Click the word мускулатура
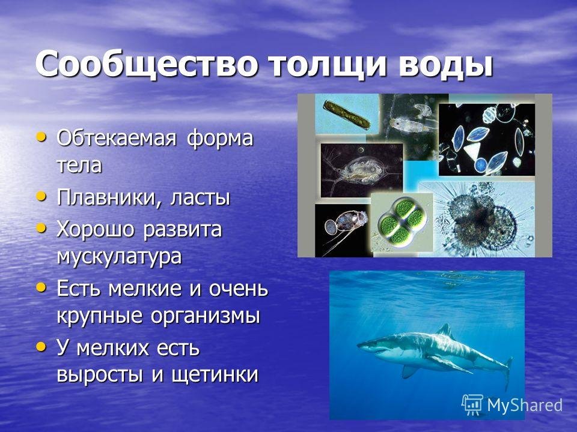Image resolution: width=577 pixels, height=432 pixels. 119,256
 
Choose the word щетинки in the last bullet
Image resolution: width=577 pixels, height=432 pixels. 214,374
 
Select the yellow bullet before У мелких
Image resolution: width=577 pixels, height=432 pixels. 41,347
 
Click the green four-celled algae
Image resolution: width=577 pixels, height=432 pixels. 401,223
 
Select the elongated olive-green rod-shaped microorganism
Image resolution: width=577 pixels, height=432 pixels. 346,115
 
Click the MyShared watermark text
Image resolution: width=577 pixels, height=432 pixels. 525,405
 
